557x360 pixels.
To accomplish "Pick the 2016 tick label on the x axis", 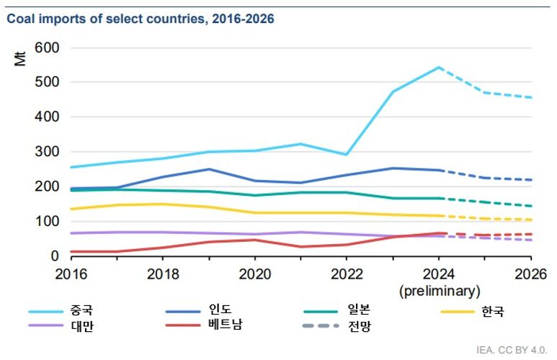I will (x=71, y=274).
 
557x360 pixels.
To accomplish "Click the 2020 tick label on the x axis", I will (x=254, y=274).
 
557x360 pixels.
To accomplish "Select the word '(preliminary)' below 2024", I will (x=440, y=291).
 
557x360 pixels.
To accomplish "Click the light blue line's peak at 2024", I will (x=439, y=68).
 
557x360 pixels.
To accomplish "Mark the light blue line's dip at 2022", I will (x=347, y=155).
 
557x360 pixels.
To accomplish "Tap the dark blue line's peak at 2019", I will (x=209, y=169).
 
